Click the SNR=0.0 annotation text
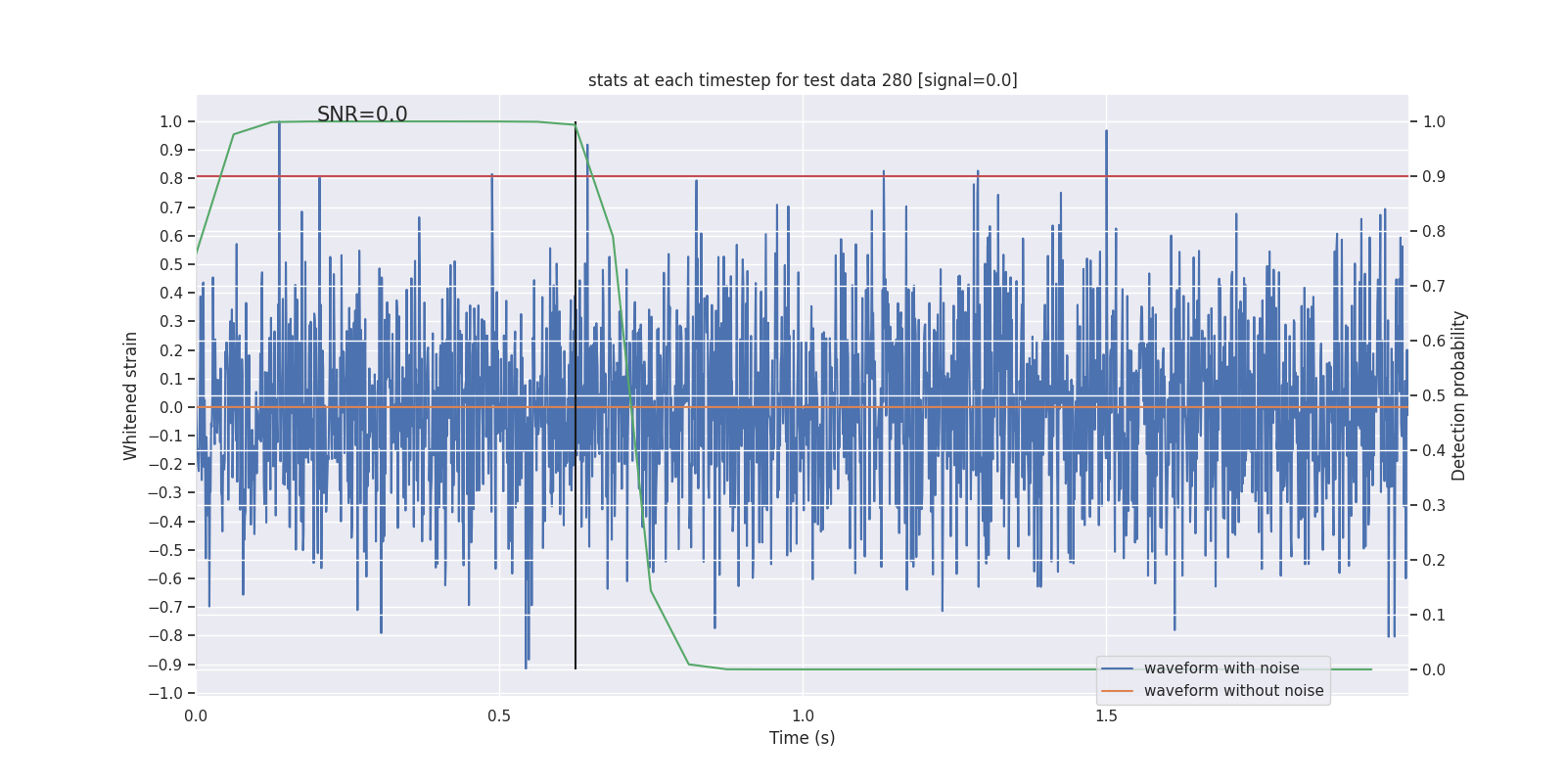click(362, 115)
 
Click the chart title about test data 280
click(803, 80)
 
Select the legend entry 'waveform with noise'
click(1221, 668)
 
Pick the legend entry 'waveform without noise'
click(1233, 691)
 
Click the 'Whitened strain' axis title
click(131, 395)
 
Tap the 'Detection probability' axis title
click(1459, 395)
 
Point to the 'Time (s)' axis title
click(802, 738)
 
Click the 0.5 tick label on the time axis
click(499, 716)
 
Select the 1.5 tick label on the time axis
click(1106, 716)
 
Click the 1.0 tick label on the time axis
click(803, 716)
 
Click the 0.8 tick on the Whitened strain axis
click(171, 179)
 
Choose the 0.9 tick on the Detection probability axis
click(1434, 177)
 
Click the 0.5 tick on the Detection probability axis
click(1434, 396)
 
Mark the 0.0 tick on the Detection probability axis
click(1434, 670)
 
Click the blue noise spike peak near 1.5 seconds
click(1106, 132)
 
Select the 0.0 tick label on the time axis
click(196, 716)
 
